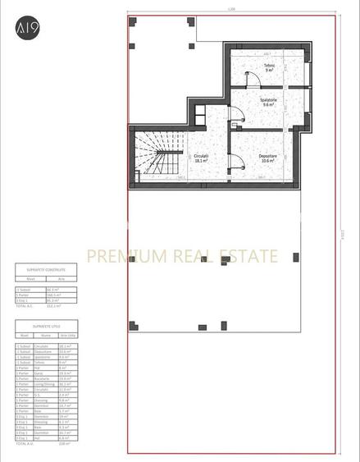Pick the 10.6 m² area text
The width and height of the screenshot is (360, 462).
(x=267, y=161)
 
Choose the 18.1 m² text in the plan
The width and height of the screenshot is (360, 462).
(x=202, y=161)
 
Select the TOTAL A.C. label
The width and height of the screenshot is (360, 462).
(x=25, y=305)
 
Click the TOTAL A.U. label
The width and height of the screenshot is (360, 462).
(x=25, y=444)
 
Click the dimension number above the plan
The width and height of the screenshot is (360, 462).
(x=232, y=10)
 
